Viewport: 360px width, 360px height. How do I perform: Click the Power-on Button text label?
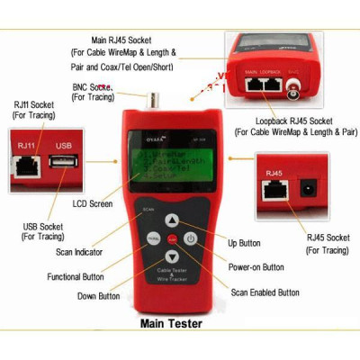pyautogui.click(x=256, y=267)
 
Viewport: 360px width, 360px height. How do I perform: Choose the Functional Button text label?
pyautogui.click(x=76, y=277)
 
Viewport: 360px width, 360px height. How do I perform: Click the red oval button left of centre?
pyautogui.click(x=153, y=239)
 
